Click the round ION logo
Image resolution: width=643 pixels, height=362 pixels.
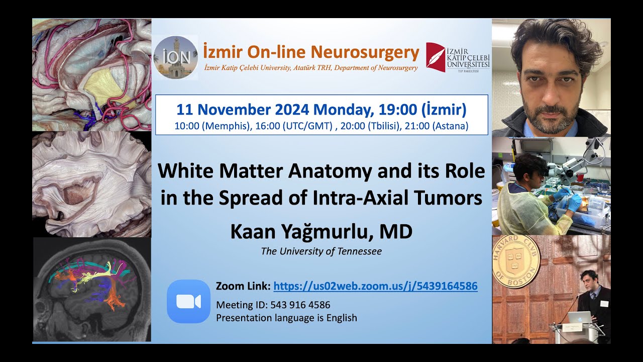[175, 57]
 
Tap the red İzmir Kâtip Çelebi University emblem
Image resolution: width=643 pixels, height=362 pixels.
[435, 57]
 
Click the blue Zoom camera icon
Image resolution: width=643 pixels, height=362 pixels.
[188, 301]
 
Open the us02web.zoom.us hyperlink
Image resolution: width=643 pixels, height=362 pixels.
[375, 287]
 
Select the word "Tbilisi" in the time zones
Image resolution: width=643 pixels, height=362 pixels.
[382, 126]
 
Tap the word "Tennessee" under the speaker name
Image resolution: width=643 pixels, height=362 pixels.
[358, 251]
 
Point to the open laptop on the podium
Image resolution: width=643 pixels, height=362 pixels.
[577, 317]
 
